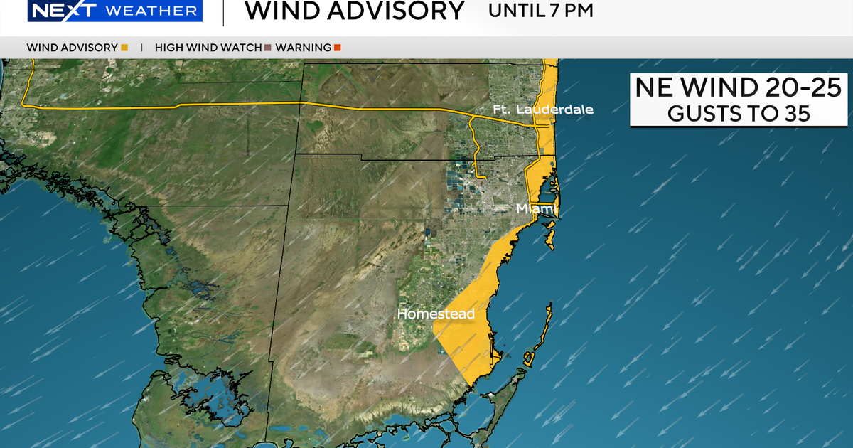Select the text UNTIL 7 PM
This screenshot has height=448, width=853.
(540, 11)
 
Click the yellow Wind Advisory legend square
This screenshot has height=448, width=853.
(124, 48)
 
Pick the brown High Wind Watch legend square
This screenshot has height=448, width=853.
(268, 48)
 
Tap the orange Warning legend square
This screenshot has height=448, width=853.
(338, 48)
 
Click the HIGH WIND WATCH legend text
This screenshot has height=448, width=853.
(208, 48)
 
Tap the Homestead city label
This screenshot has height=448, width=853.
(435, 314)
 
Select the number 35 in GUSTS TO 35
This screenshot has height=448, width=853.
(794, 114)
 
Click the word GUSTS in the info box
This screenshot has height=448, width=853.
(699, 114)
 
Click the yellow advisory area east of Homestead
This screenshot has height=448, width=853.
(466, 334)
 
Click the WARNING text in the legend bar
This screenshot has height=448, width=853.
(303, 48)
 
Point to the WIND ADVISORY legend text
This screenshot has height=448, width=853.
(72, 48)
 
